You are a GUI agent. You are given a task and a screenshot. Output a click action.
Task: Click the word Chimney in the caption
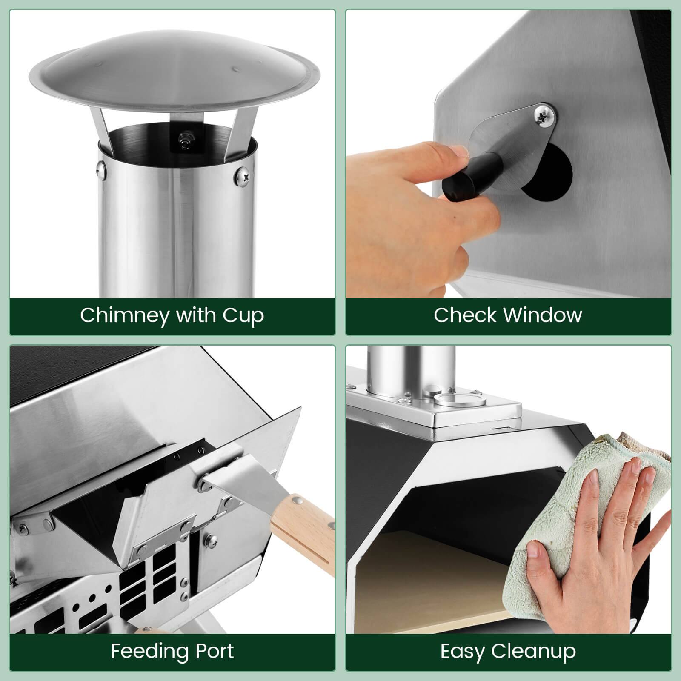(x=124, y=316)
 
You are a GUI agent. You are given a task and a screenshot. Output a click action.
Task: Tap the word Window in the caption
(x=543, y=315)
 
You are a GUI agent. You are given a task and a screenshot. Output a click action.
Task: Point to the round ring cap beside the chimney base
(x=460, y=400)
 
